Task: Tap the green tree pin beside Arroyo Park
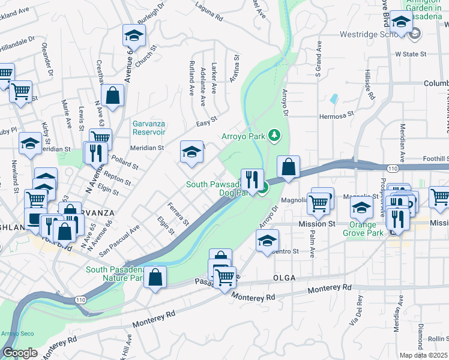[x=274, y=136]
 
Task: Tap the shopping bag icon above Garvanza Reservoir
[x=112, y=94]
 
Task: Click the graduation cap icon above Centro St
[x=267, y=240]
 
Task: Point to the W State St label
[x=410, y=54]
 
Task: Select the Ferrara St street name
[x=178, y=214]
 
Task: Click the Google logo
[x=20, y=353]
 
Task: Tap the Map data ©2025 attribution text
[x=423, y=355]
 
